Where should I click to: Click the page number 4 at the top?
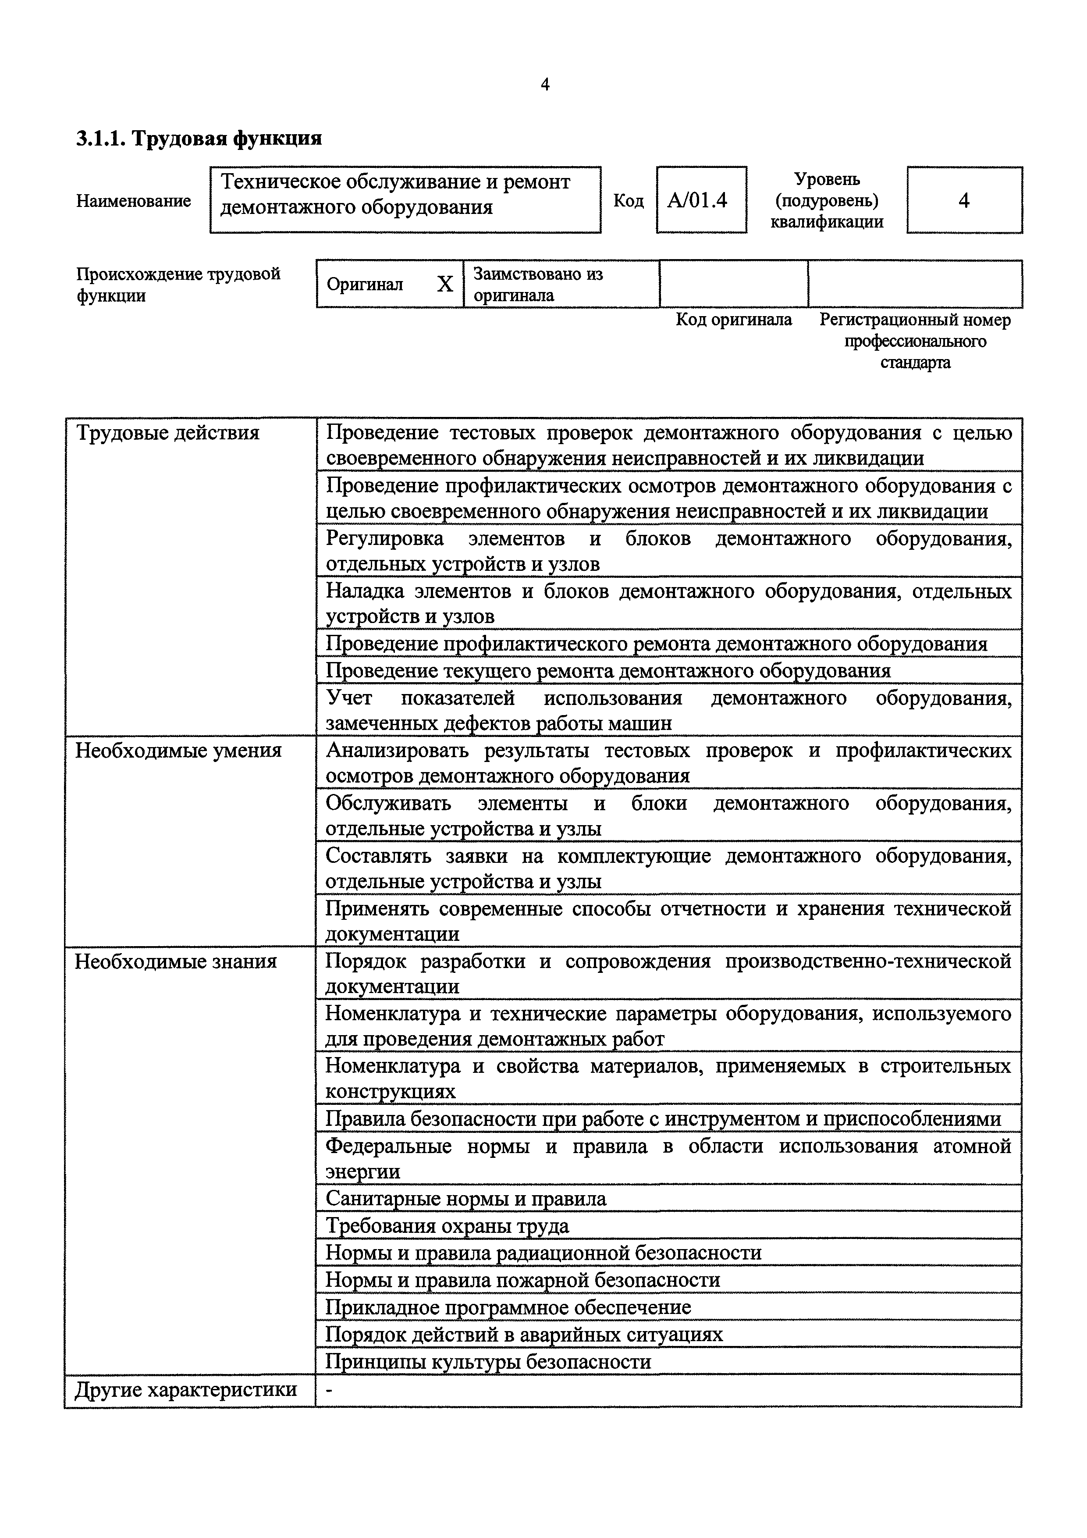[x=544, y=85]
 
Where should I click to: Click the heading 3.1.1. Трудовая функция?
[x=199, y=139]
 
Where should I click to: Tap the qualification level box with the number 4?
[x=964, y=200]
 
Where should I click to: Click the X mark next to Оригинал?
[x=445, y=285]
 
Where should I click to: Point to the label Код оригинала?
[x=733, y=320]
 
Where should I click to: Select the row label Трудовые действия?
[x=167, y=434]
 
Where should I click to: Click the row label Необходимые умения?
[x=178, y=750]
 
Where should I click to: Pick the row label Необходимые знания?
[x=175, y=961]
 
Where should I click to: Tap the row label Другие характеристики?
[x=185, y=1389]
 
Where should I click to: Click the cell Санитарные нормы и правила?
[x=466, y=1198]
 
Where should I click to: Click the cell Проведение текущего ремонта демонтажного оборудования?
[x=608, y=670]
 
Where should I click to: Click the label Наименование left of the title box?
[x=133, y=201]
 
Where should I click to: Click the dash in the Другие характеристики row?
[x=329, y=1390]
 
